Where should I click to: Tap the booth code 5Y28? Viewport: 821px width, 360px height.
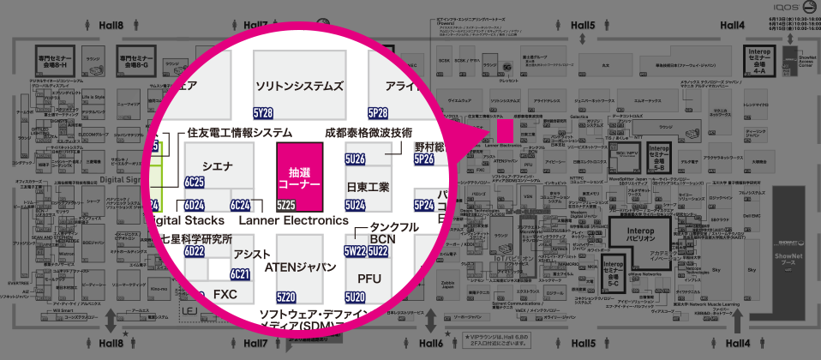(263, 113)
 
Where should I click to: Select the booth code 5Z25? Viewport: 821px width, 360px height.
(286, 205)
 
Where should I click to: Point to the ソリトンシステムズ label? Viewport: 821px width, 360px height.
(300, 87)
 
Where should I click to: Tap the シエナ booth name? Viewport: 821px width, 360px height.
(218, 165)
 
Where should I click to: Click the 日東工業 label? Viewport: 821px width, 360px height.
(369, 186)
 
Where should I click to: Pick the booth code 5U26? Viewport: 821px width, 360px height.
(355, 159)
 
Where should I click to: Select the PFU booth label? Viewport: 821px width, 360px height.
(369, 279)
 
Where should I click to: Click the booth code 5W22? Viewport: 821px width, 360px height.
(355, 251)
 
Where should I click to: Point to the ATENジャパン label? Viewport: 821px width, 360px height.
(300, 267)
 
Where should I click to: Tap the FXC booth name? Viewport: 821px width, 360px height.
(225, 293)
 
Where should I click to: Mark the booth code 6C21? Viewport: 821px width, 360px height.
(240, 274)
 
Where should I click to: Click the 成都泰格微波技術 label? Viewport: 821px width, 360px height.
(369, 134)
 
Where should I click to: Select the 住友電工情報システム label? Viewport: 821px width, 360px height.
(240, 134)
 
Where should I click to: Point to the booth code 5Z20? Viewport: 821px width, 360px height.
(286, 297)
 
